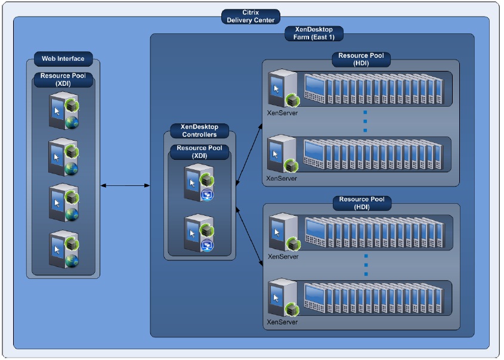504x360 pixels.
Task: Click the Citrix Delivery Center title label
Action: (x=251, y=16)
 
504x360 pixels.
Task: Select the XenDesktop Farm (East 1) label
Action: (x=314, y=33)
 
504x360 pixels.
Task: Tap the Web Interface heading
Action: (x=63, y=58)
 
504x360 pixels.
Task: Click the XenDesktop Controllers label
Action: (x=199, y=131)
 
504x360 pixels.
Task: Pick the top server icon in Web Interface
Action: (x=61, y=110)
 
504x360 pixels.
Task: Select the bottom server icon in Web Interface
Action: (x=61, y=248)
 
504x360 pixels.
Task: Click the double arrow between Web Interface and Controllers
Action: (x=125, y=186)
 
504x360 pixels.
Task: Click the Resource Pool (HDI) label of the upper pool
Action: (x=361, y=60)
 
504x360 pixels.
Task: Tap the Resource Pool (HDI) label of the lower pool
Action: (x=361, y=203)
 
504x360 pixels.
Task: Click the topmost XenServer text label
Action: (x=282, y=113)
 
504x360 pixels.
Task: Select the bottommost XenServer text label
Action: (x=282, y=322)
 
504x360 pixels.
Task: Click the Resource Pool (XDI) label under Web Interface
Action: (x=63, y=80)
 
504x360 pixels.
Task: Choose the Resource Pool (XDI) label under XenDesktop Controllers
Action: (x=199, y=151)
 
